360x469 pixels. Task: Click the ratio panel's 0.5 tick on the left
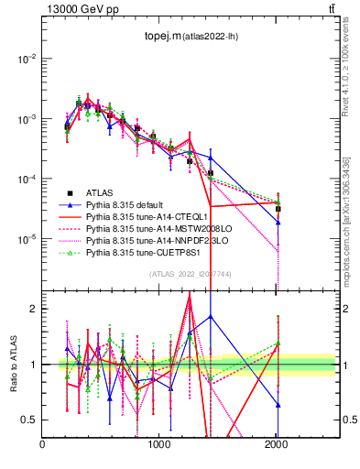(29, 420)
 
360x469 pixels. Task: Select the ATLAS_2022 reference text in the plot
(189, 274)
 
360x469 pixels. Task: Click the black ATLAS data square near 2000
(278, 209)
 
